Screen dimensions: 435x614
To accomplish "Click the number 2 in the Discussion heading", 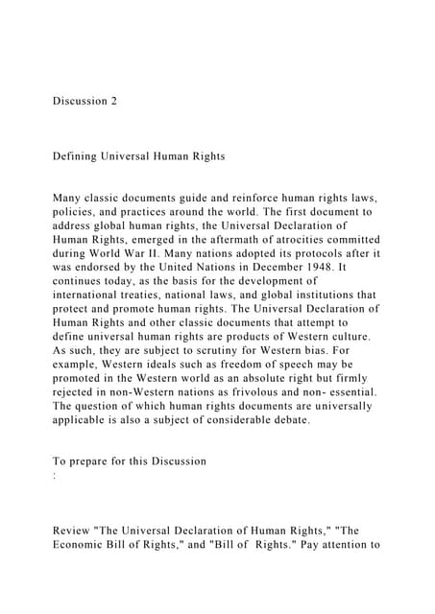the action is point(113,101).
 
